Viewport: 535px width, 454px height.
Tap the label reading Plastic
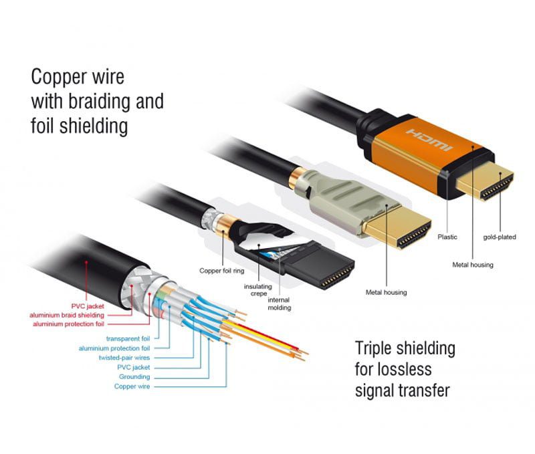(x=448, y=237)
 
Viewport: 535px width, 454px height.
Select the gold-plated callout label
(x=500, y=237)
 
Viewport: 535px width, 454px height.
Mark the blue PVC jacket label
(x=134, y=367)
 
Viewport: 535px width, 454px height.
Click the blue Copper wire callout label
(x=132, y=386)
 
